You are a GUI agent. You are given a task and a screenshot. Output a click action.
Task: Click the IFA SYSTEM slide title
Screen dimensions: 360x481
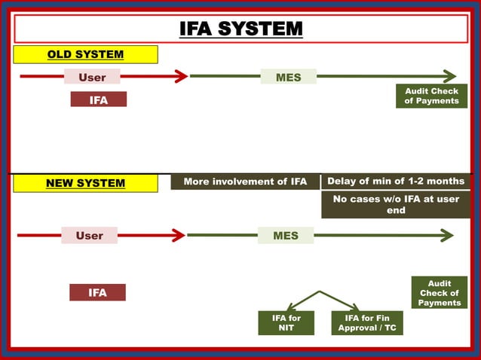[x=240, y=29]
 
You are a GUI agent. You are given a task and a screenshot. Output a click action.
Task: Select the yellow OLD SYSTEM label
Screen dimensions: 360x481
[x=85, y=54]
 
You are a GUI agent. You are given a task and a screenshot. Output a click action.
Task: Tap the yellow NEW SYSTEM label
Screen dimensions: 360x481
[x=85, y=183]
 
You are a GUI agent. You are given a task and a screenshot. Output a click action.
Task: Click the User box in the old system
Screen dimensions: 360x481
[x=92, y=77]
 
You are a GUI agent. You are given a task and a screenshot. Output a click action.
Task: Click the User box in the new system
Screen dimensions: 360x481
[x=89, y=236]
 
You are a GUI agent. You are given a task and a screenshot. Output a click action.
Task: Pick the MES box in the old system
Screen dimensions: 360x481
[x=288, y=77]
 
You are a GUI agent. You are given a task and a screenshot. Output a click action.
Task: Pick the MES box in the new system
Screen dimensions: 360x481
[x=285, y=236]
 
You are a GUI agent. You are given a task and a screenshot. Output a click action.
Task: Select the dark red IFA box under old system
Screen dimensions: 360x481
[x=98, y=99]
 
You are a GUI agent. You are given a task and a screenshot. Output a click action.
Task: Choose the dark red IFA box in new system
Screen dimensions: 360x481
[x=97, y=292]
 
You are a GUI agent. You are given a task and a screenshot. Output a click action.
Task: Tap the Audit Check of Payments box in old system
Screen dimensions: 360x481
[x=431, y=96]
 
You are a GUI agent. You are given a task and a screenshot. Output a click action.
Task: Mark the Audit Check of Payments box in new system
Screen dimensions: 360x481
[x=439, y=293]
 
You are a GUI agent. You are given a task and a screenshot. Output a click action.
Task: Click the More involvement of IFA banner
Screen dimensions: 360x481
[x=245, y=182]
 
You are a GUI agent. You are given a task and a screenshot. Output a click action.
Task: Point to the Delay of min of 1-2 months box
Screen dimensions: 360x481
[x=397, y=182]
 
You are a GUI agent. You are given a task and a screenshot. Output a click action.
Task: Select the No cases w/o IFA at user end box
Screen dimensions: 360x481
[x=397, y=205]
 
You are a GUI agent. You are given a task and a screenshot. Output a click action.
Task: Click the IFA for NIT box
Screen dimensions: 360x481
[x=286, y=323]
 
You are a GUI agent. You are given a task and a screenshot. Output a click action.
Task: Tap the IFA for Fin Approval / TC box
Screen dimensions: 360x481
[x=367, y=323]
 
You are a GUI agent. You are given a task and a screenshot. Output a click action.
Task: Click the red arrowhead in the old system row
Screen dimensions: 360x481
[x=180, y=76]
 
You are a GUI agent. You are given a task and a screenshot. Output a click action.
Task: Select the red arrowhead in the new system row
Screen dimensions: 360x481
[x=178, y=236]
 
